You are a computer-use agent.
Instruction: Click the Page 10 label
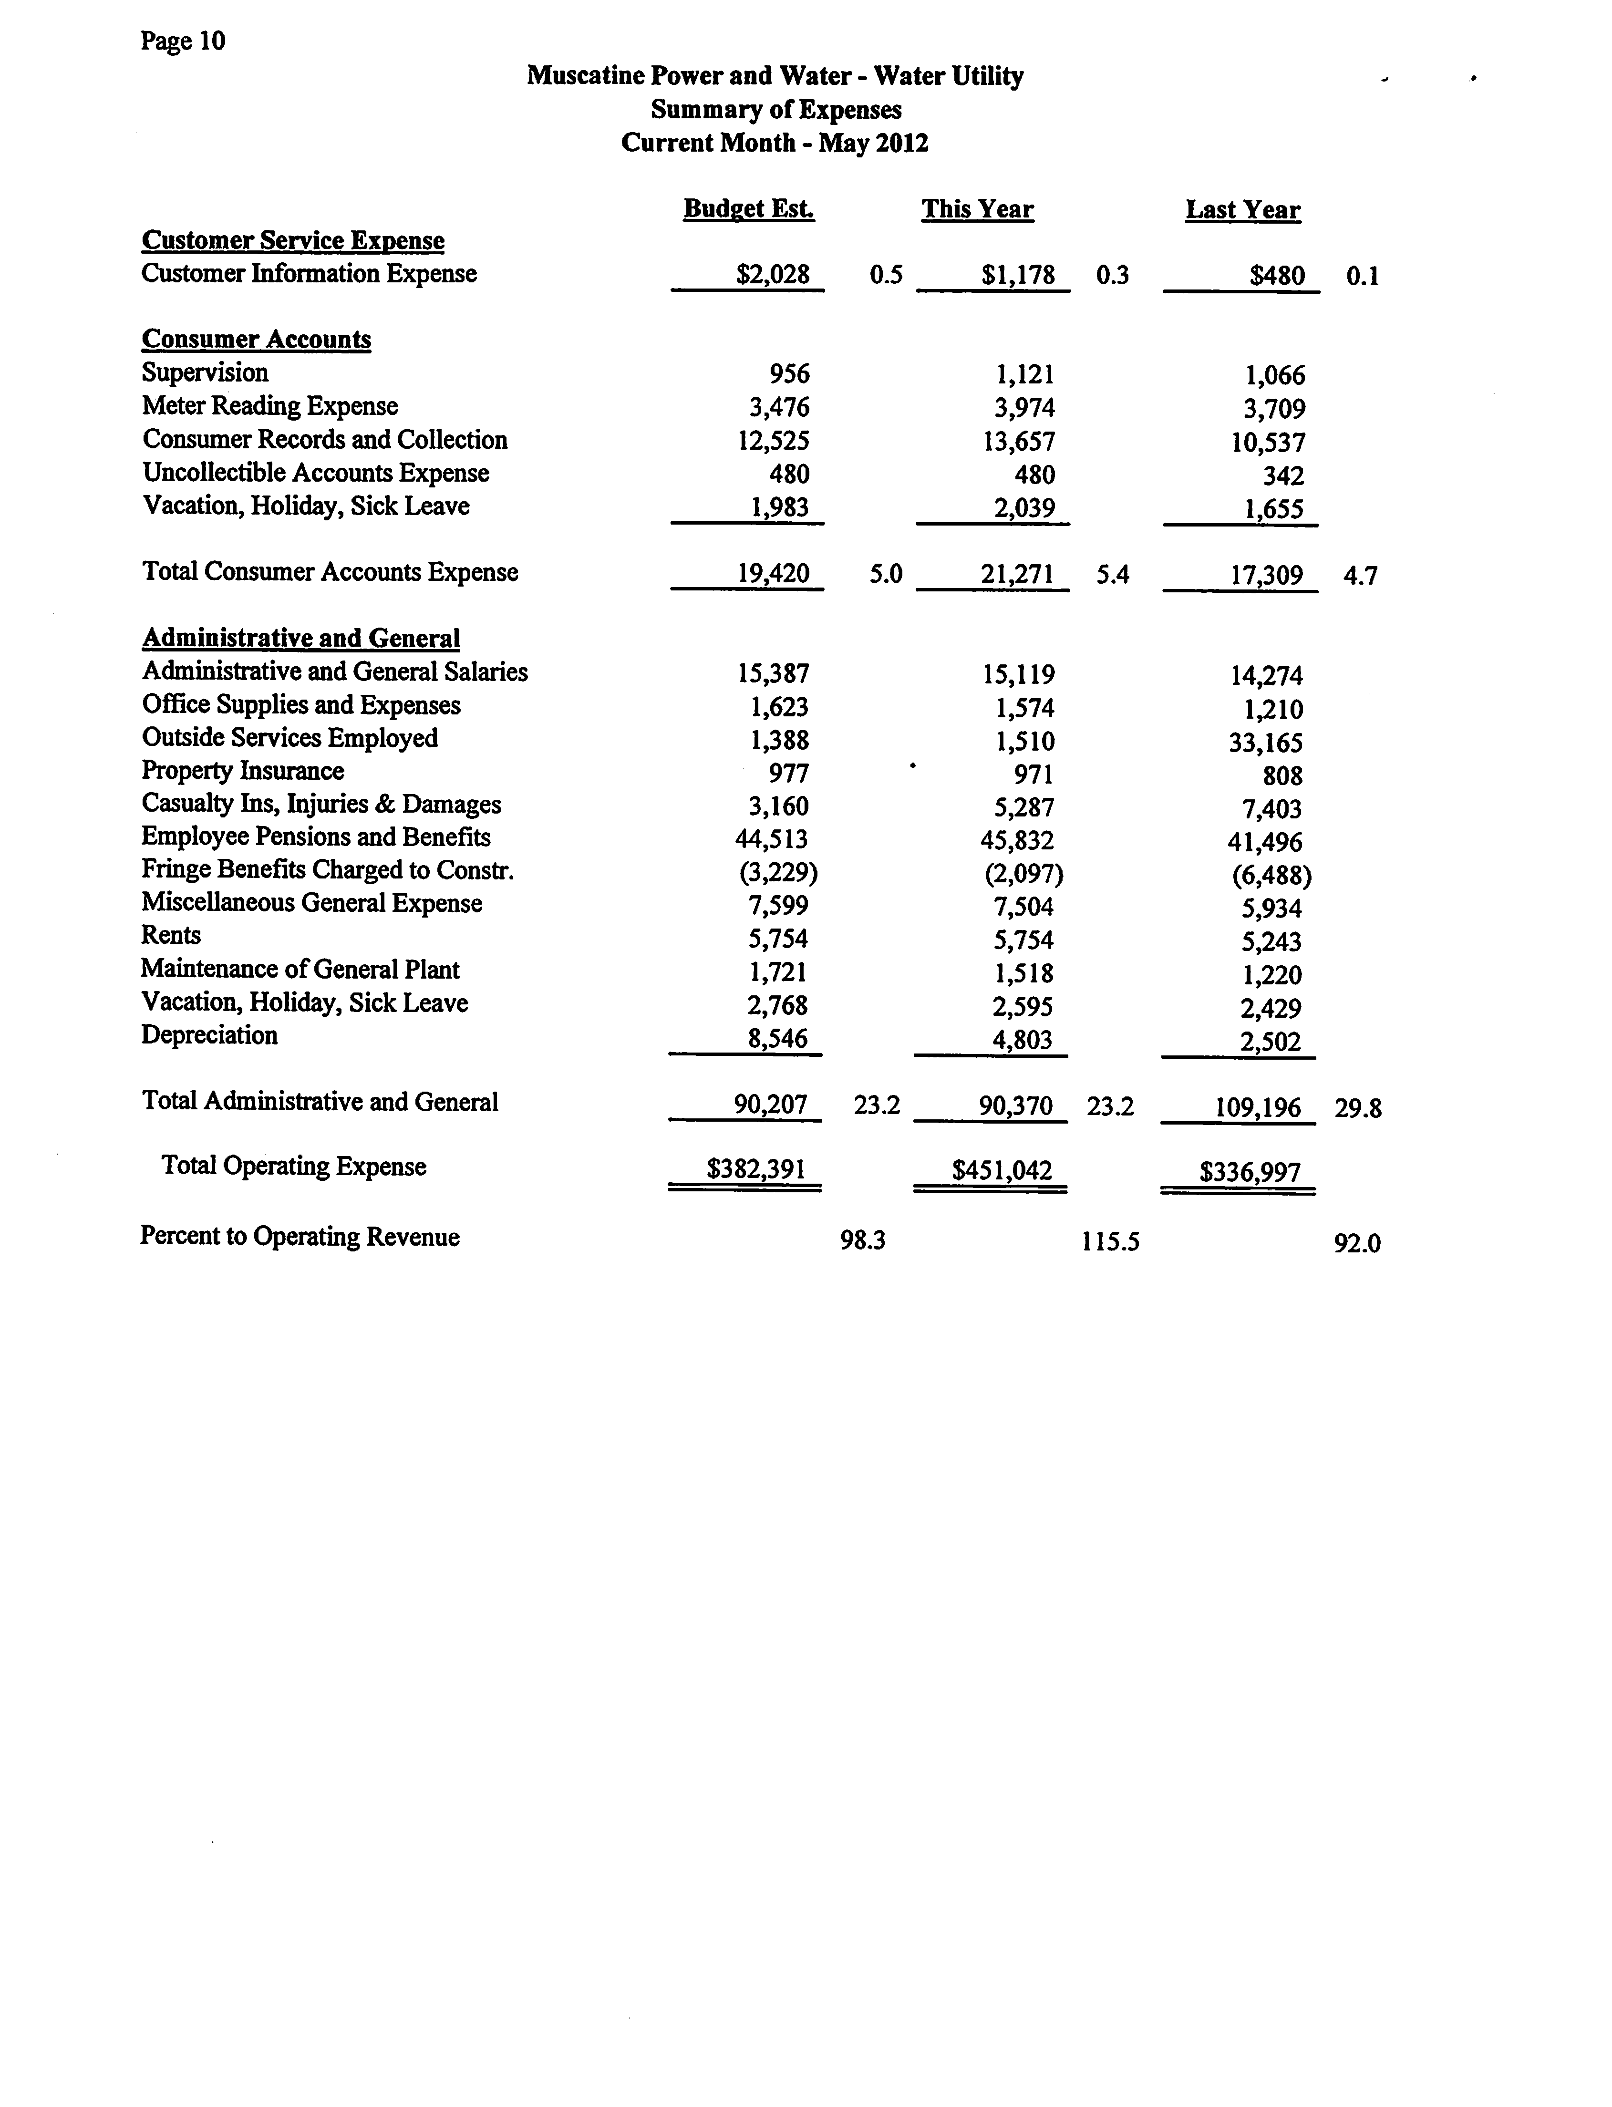182,41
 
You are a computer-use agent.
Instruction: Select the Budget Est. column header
748,209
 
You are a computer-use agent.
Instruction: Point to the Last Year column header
1242,210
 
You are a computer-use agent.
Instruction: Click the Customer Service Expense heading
293,241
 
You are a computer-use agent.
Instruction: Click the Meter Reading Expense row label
269,406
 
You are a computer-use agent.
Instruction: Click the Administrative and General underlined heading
300,638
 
